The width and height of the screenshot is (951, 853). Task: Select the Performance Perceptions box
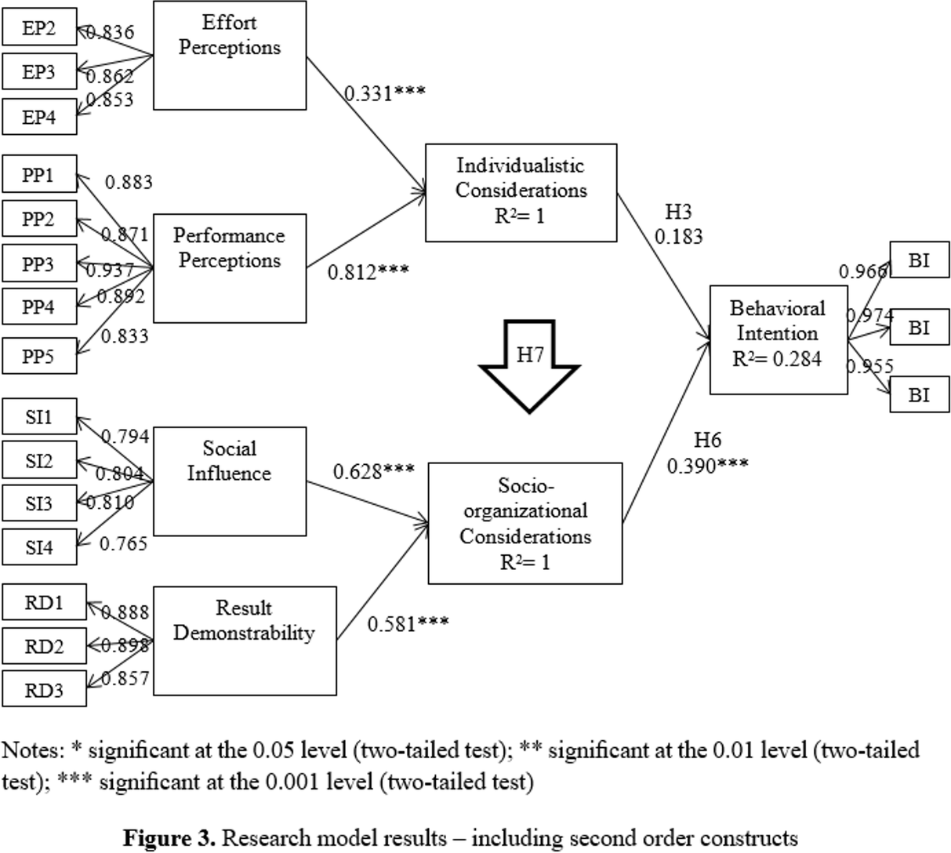pyautogui.click(x=229, y=269)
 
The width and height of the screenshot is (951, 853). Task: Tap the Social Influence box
pyautogui.click(x=229, y=481)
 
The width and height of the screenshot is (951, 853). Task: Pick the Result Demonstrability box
pyautogui.click(x=244, y=641)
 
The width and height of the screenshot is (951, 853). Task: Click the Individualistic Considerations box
pyautogui.click(x=521, y=192)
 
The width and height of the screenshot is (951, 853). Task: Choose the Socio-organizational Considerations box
pyautogui.click(x=525, y=524)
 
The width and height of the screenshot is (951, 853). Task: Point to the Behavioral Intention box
pyautogui.click(x=777, y=339)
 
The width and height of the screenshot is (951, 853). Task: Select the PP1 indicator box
pyautogui.click(x=38, y=175)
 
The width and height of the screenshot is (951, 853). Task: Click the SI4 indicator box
pyautogui.click(x=38, y=547)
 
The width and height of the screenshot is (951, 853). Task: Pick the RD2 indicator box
pyautogui.click(x=44, y=647)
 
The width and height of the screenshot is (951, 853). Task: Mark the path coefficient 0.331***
pyautogui.click(x=385, y=93)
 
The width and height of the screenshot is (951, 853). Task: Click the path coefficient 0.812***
pyautogui.click(x=368, y=272)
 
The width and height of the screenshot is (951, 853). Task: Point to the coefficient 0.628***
pyautogui.click(x=373, y=471)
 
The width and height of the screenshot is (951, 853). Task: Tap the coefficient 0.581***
pyautogui.click(x=408, y=623)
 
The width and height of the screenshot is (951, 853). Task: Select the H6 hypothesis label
pyautogui.click(x=707, y=441)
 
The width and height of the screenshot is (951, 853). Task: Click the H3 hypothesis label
pyautogui.click(x=679, y=212)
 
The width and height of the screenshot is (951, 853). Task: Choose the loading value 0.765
pyautogui.click(x=123, y=543)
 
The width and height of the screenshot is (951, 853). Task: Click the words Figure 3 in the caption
pyautogui.click(x=169, y=837)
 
